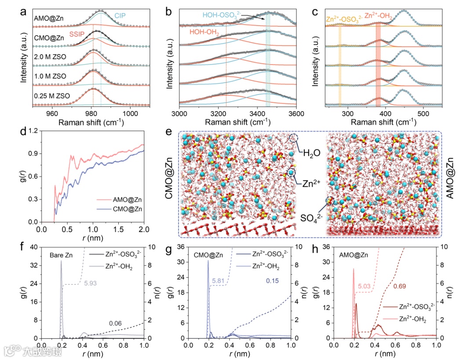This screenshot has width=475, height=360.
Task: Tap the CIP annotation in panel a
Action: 121,16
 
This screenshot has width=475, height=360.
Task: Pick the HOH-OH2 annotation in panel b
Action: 205,33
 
